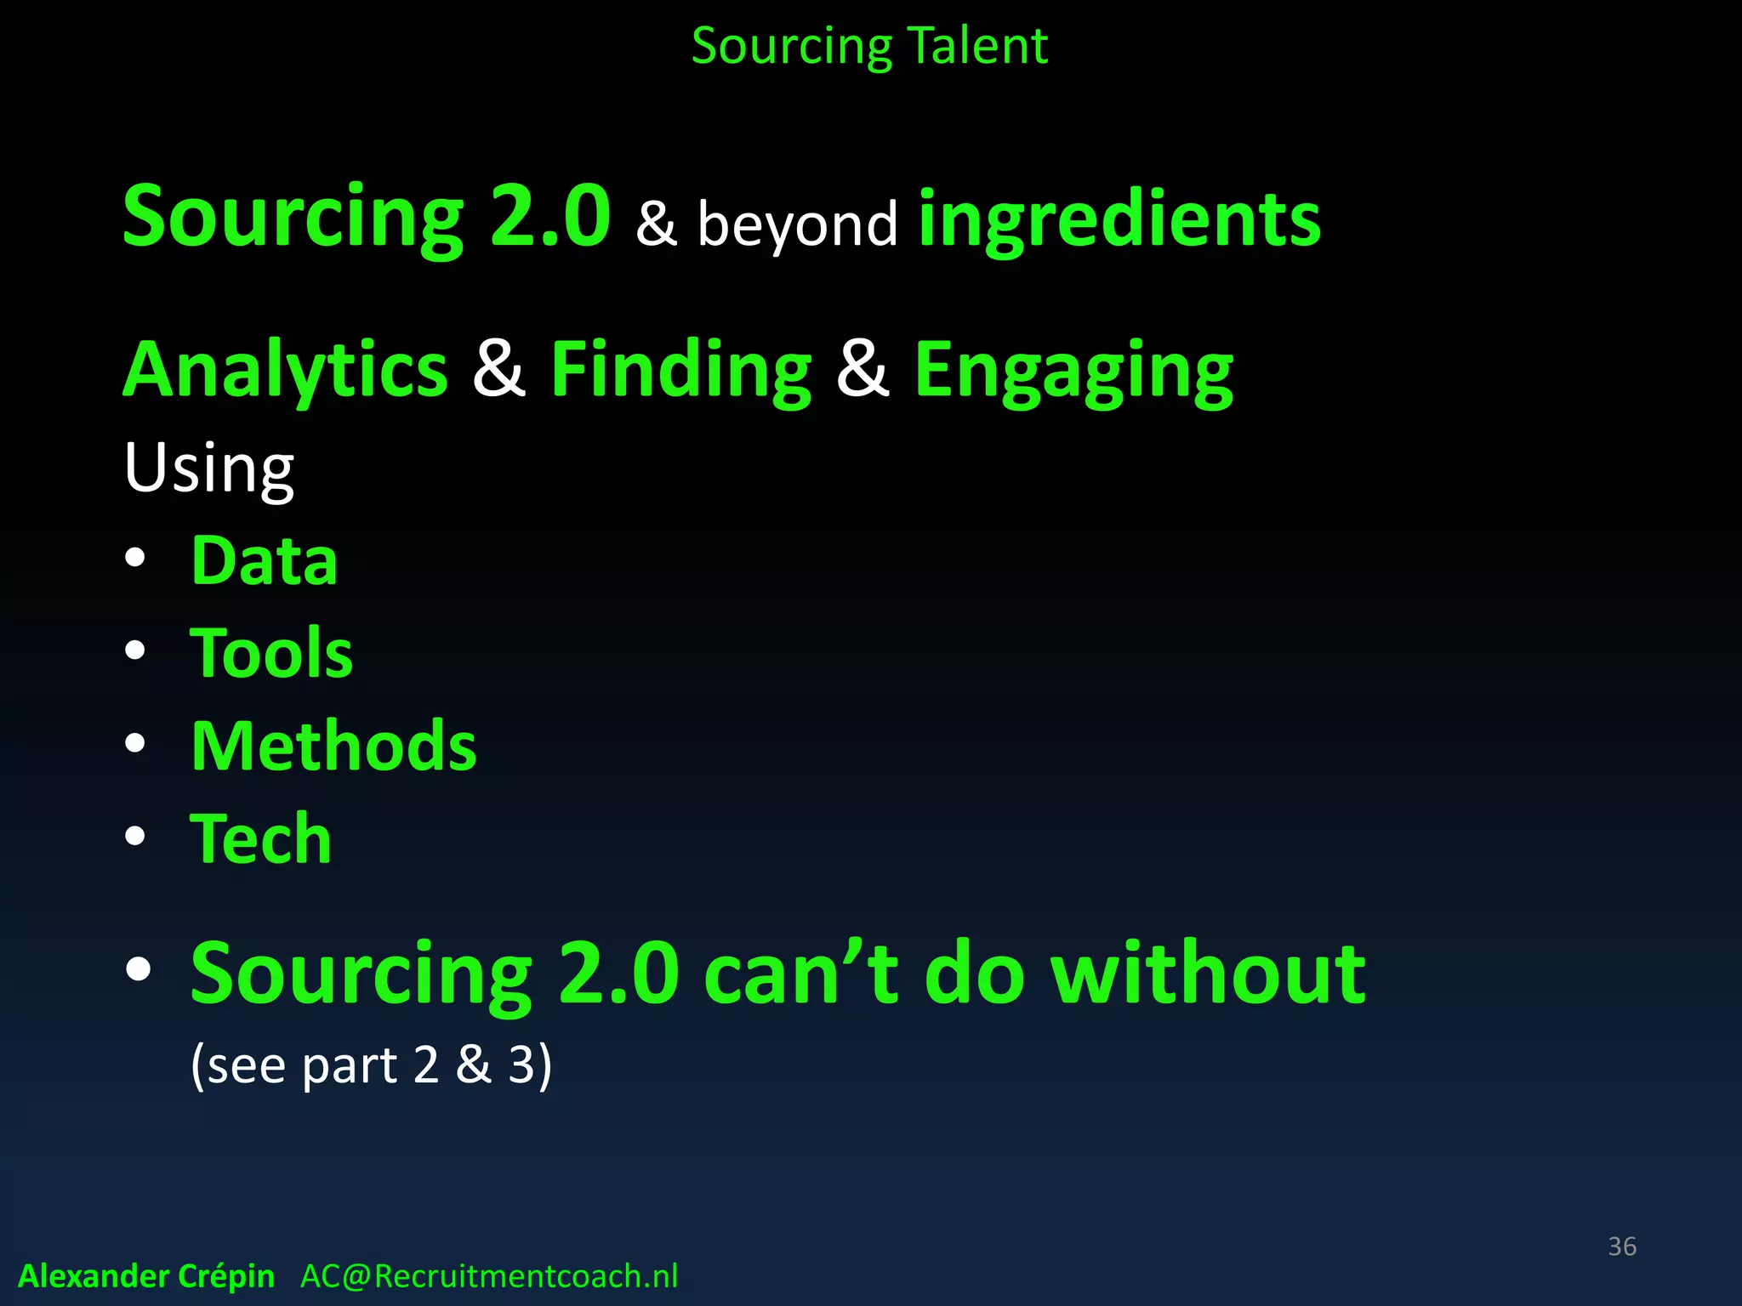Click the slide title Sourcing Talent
pos(869,46)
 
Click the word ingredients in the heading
pos(1119,219)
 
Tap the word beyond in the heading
pos(797,224)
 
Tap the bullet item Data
pos(265,561)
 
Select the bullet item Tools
pos(271,653)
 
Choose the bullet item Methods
pos(333,746)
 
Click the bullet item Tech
pos(260,838)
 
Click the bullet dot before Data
pos(135,559)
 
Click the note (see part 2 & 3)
pos(371,1065)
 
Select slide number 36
pos(1622,1246)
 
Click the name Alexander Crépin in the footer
pos(146,1276)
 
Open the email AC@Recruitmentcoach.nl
pos(489,1276)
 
